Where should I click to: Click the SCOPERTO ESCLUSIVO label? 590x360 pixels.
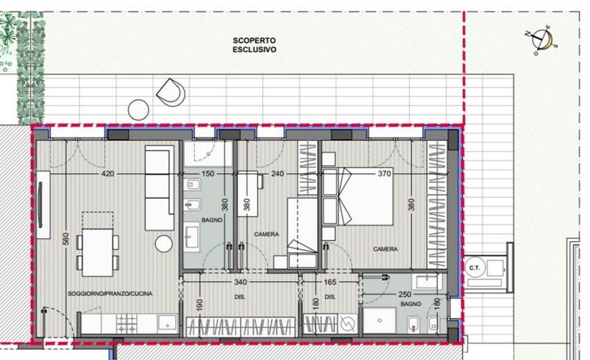point(254,45)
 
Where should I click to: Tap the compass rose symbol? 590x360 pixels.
point(542,39)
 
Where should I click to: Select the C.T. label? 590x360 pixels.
point(475,268)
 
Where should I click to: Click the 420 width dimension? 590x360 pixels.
point(108,174)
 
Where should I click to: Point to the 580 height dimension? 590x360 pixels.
point(66,239)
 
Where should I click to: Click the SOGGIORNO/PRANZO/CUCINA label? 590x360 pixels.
point(110,294)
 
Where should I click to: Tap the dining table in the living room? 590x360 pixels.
point(98,252)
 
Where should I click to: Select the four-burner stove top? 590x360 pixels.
point(127,324)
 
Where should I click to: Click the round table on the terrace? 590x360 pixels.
point(138,110)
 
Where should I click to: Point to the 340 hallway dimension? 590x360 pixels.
point(240,282)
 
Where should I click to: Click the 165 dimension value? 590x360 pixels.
point(330,282)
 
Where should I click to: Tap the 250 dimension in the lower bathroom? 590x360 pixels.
point(405,294)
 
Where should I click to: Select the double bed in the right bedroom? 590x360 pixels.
point(358,197)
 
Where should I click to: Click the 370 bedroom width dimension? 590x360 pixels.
point(385,174)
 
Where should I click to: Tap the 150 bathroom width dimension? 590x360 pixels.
point(207,174)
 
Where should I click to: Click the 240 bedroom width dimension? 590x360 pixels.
point(277,174)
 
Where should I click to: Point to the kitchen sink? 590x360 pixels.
point(167,324)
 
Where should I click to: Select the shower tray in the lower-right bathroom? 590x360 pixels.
point(380,321)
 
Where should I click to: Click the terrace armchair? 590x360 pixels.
point(171,92)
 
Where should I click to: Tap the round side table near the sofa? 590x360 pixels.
point(164,244)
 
